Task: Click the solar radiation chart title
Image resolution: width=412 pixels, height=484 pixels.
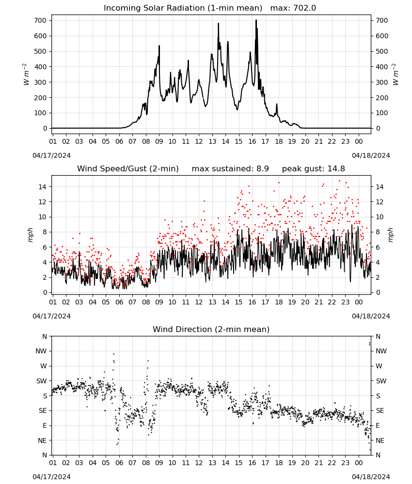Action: tap(210, 8)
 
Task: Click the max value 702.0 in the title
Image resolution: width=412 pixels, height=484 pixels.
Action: tap(304, 8)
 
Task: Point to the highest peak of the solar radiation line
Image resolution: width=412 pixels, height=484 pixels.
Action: tap(256, 20)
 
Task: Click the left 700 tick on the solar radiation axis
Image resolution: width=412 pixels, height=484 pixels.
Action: tap(40, 20)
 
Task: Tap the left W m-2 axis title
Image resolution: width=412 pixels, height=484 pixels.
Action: tap(26, 75)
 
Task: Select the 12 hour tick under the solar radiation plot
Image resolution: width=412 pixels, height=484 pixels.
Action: tap(199, 141)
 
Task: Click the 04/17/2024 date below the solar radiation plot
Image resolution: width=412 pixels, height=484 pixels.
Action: tap(51, 155)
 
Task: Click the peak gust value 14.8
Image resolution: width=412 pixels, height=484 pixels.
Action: tap(338, 168)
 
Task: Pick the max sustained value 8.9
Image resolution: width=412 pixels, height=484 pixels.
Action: tap(263, 168)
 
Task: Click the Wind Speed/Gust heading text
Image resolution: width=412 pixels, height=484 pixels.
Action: tap(128, 168)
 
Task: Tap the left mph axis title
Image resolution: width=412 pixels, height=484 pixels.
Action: tap(30, 235)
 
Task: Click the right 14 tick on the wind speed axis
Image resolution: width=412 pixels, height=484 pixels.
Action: tap(380, 186)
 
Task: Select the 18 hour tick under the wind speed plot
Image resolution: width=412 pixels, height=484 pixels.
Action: tap(279, 302)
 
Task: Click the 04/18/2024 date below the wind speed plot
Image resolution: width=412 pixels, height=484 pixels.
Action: tap(371, 316)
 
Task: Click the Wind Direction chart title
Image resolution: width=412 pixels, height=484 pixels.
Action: tap(211, 329)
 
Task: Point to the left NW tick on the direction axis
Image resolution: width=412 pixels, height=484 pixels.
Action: tap(41, 351)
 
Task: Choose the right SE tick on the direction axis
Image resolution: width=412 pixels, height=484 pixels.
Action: tap(380, 410)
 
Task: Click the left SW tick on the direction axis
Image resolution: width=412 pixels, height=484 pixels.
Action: tap(41, 381)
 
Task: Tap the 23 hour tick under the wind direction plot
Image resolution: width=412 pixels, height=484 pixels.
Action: tap(345, 463)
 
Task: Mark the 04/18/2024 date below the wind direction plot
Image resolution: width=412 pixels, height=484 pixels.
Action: tap(371, 477)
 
